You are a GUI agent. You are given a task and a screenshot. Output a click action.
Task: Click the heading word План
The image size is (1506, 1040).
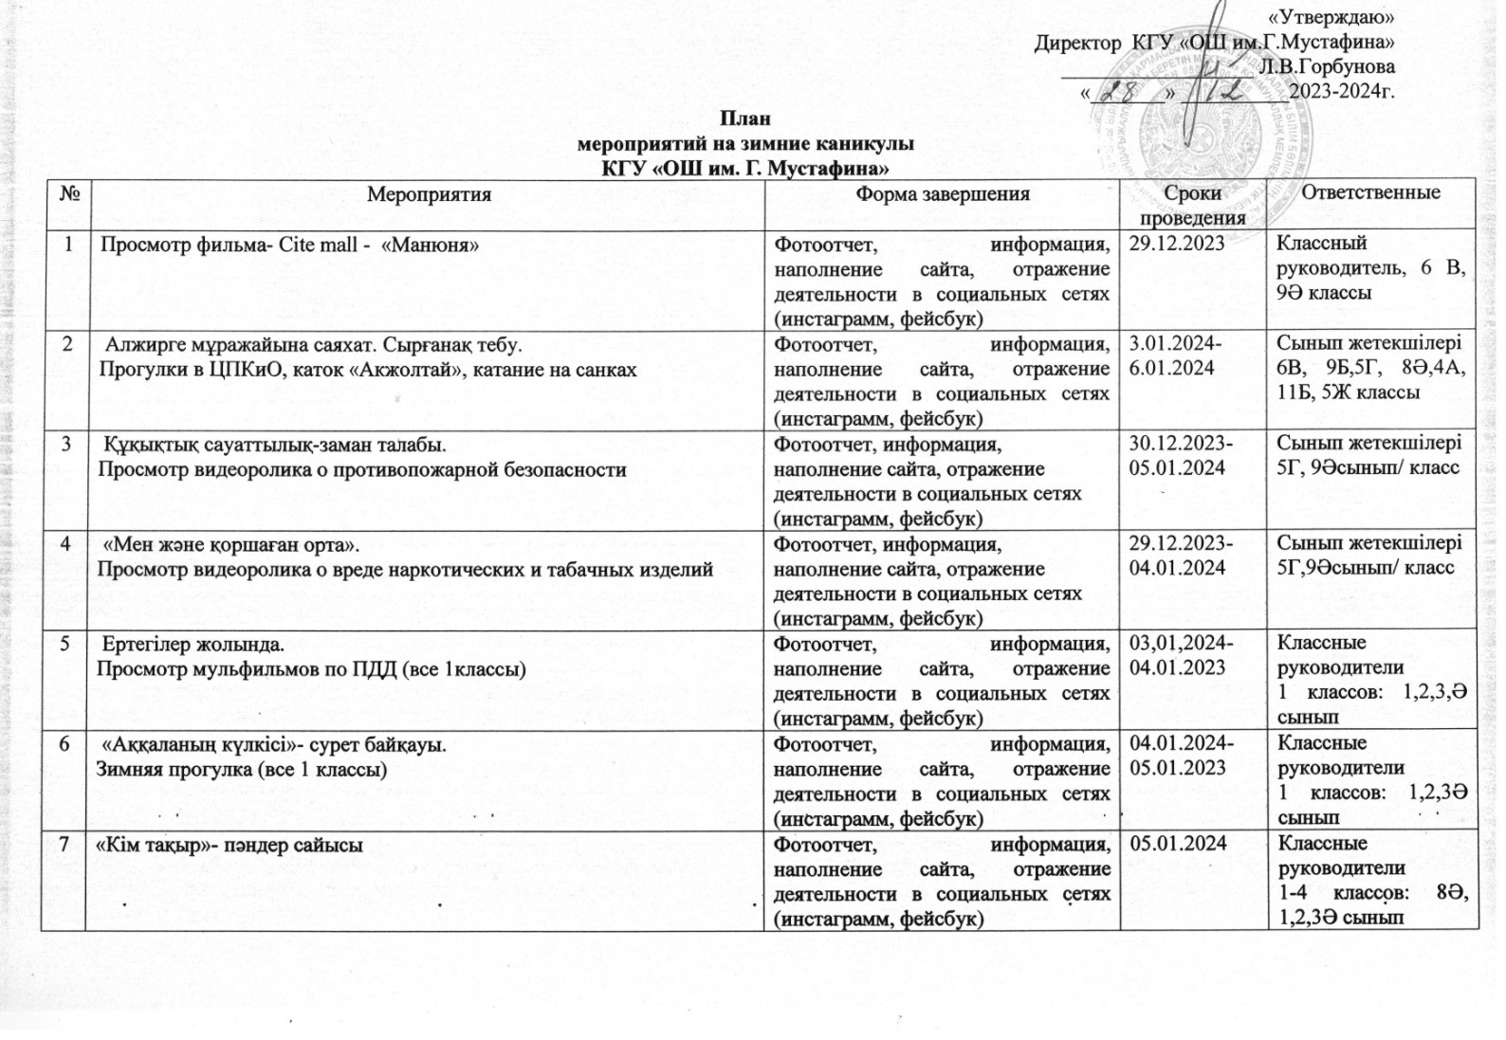coord(744,119)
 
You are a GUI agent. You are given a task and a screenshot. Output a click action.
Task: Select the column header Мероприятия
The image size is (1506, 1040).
coord(429,194)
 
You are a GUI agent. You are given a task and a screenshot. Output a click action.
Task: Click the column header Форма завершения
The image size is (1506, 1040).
coord(943,193)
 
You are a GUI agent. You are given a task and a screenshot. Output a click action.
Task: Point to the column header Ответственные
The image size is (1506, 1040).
coord(1370,192)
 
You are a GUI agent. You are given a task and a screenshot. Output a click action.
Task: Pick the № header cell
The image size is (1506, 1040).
coord(68,193)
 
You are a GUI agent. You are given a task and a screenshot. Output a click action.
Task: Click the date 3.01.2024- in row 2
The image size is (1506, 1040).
coord(1176,343)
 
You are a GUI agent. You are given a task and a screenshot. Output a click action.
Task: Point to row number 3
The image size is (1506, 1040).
coord(66,444)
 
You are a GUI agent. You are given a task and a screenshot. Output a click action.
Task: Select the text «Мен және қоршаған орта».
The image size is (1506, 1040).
coord(230,544)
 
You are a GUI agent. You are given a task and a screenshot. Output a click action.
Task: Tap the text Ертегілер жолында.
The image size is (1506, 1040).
coord(193,645)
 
